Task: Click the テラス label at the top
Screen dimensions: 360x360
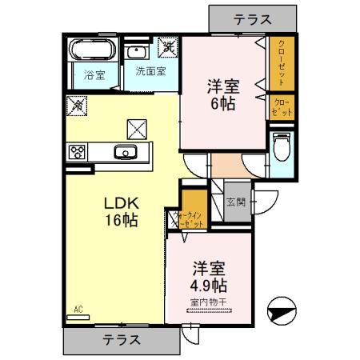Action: tap(251, 18)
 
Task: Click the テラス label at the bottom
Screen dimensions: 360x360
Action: tap(122, 339)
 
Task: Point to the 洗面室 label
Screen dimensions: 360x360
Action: tap(150, 70)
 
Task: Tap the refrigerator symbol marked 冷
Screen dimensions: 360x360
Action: tap(78, 104)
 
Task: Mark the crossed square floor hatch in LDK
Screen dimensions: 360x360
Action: tap(138, 126)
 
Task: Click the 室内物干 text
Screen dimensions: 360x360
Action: tap(210, 302)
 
